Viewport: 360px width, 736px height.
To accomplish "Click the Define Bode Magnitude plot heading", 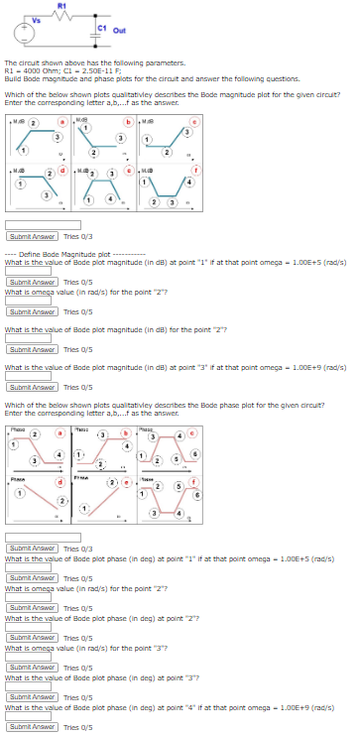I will pyautogui.click(x=69, y=254).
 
